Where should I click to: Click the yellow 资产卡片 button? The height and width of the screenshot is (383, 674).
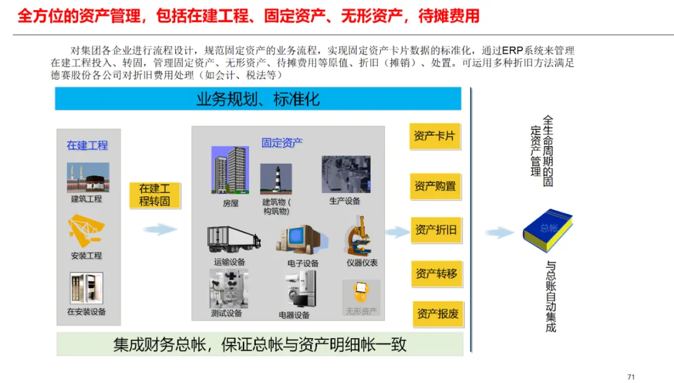coord(435,136)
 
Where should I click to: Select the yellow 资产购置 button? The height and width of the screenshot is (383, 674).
coord(435,186)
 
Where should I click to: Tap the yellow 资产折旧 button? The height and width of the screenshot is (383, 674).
coord(436,230)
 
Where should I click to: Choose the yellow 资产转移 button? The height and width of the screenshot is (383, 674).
coord(436,274)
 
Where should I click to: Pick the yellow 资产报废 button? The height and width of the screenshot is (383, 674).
coord(437,314)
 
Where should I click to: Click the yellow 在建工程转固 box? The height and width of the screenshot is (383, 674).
coord(154,195)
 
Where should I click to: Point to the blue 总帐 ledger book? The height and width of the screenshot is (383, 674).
coord(547,230)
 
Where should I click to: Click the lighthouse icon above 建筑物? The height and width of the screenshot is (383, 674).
coord(275,179)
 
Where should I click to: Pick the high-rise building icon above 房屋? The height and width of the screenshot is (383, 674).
coord(230,171)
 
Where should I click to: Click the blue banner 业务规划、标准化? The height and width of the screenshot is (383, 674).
coord(258,99)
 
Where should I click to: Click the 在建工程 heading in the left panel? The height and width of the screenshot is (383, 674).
coord(87,145)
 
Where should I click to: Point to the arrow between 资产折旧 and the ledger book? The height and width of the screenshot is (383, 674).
coord(500,233)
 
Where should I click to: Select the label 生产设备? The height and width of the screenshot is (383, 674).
coord(344,201)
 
